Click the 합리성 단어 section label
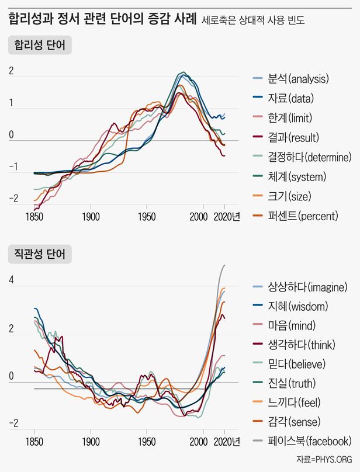pos(39,45)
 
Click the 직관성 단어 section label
pos(39,254)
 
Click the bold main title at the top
pos(102,20)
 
